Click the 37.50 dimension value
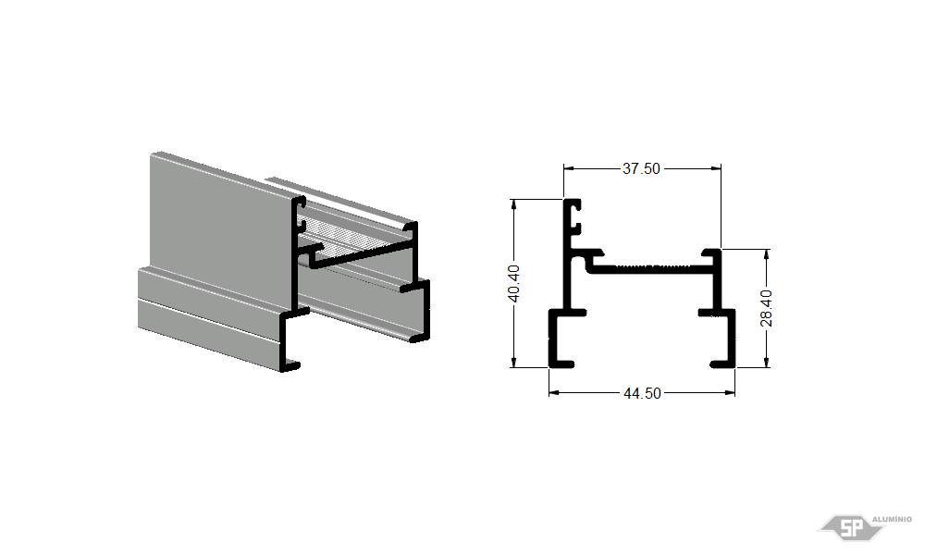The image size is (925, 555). [x=641, y=168]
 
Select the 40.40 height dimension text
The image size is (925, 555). [x=513, y=284]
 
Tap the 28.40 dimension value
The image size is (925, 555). [x=766, y=308]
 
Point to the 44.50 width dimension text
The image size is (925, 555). [x=643, y=393]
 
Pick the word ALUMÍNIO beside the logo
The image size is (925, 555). [x=892, y=519]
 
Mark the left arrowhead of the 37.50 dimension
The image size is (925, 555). [x=569, y=168]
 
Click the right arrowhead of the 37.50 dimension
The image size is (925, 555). [x=716, y=168]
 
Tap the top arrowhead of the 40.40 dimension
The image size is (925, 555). [x=513, y=204]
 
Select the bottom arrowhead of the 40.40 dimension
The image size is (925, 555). [x=513, y=362]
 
